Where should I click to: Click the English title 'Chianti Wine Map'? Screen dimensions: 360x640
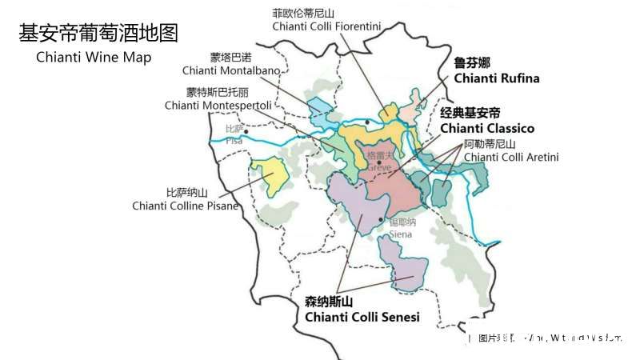coord(94,58)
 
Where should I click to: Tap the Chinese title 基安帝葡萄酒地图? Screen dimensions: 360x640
coord(98,33)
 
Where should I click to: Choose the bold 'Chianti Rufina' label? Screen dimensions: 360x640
coord(496,78)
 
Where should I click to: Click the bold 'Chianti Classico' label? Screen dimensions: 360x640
coord(486,128)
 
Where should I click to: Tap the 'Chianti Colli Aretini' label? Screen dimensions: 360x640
coord(511,157)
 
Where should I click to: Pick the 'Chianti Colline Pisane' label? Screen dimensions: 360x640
coord(186,206)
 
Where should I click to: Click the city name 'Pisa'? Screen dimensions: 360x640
coord(234,141)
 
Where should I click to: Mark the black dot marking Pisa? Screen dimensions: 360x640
coord(246,131)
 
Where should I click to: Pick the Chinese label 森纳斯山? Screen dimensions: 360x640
coord(328,302)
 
